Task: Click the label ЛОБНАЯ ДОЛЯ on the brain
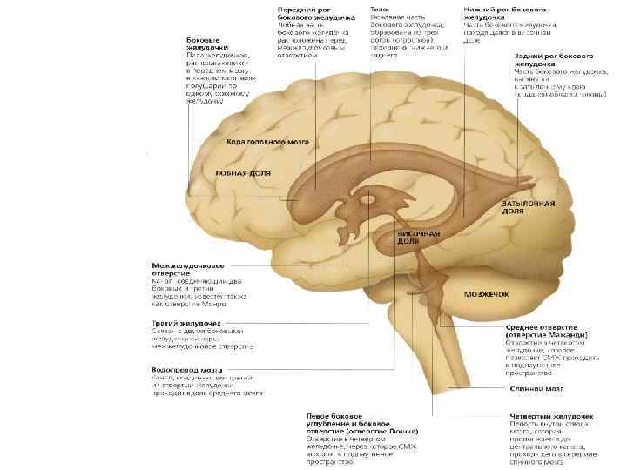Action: coord(241,172)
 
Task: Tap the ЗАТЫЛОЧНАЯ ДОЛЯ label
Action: coord(527,206)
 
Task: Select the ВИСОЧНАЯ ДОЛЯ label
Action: coord(419,238)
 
